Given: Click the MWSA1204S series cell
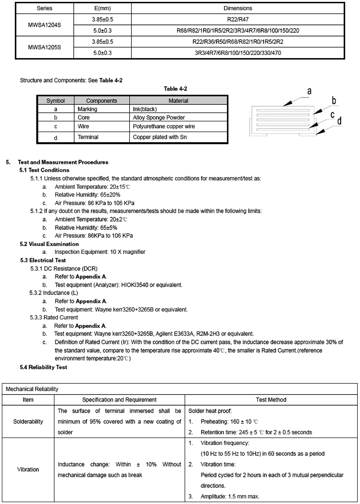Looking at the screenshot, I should coord(44,24).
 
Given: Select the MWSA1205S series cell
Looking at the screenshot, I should coord(44,47).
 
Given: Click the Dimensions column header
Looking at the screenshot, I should coord(238,8).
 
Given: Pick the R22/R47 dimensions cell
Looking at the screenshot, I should coord(238,19).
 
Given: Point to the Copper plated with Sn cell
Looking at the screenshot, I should coord(160,137).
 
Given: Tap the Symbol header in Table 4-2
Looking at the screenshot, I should coord(55,101).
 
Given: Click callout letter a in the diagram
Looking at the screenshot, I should coord(309,91).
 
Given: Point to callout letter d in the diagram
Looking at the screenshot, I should coord(339,121).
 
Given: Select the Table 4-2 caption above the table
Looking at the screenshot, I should coord(175,89).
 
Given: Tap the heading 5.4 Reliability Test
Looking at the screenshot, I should coord(43,367).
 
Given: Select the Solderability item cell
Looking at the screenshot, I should coord(28,421).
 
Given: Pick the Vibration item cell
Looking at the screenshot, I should coord(28,469).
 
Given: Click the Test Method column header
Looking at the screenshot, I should coord(271,400).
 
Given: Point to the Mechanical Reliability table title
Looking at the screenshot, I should coord(32,389).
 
